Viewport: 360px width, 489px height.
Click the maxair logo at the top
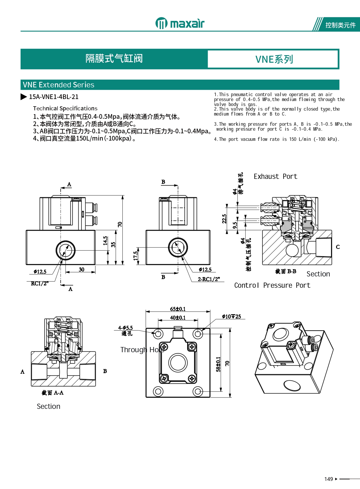pyautogui.click(x=180, y=23)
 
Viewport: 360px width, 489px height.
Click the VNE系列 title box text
pyautogui.click(x=274, y=59)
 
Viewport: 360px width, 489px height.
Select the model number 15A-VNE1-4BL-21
pyautogui.click(x=54, y=97)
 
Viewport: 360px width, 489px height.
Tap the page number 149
pyautogui.click(x=329, y=479)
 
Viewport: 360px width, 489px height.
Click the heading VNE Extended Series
pyautogui.click(x=58, y=85)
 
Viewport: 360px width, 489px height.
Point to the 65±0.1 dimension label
pyautogui.click(x=178, y=309)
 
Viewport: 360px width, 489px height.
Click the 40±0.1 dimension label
pyautogui.click(x=178, y=317)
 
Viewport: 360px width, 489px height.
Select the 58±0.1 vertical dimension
pyautogui.click(x=218, y=364)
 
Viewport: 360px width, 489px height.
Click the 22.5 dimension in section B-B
pyautogui.click(x=224, y=219)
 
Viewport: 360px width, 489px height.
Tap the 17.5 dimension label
pyautogui.click(x=136, y=256)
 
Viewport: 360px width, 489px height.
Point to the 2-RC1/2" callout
pyautogui.click(x=209, y=279)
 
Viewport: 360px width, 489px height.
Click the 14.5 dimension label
pyautogui.click(x=105, y=240)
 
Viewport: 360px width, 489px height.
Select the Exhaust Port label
pyautogui.click(x=275, y=176)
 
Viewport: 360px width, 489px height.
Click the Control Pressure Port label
pyautogui.click(x=272, y=285)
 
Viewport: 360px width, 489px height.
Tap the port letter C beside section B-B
pyautogui.click(x=338, y=247)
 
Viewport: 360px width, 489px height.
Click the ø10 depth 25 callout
pyautogui.click(x=231, y=317)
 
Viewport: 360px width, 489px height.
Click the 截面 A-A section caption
pyautogui.click(x=53, y=393)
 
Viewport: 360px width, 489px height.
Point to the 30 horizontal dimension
pyautogui.click(x=82, y=269)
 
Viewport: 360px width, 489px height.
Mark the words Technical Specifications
pyautogui.click(x=65, y=109)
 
